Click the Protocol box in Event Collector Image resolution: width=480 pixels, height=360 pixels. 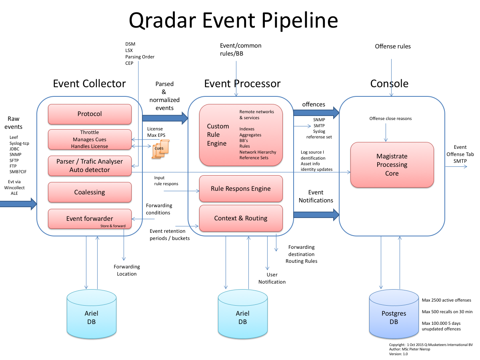pos(90,114)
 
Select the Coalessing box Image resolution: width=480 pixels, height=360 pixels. pos(90,192)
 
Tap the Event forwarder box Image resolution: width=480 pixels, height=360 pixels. pos(90,219)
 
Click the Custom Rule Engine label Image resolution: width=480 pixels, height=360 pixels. pos(218,135)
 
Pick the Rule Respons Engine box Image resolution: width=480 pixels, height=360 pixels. pos(241,189)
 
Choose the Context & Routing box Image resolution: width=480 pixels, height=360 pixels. pos(241,218)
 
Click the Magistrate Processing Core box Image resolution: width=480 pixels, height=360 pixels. pos(392,165)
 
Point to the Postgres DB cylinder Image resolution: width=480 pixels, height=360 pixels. pos(394,316)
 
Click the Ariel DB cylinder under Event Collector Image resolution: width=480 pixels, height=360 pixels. pos(91,316)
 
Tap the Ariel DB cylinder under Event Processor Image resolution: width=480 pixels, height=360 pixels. pos(242,316)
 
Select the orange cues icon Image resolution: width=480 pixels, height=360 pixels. pos(160,149)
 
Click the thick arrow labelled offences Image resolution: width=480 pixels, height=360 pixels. pos(316,113)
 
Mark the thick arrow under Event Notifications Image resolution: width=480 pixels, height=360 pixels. pos(316,215)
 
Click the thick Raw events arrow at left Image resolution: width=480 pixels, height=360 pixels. pos(18,204)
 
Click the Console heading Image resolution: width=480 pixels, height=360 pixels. pos(389,84)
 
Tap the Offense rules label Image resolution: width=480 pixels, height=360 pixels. pos(392,46)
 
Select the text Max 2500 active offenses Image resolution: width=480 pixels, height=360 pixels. pos(446,300)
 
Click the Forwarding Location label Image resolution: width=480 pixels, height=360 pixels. pos(127,270)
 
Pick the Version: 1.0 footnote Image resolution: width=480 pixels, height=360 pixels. pos(398,354)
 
